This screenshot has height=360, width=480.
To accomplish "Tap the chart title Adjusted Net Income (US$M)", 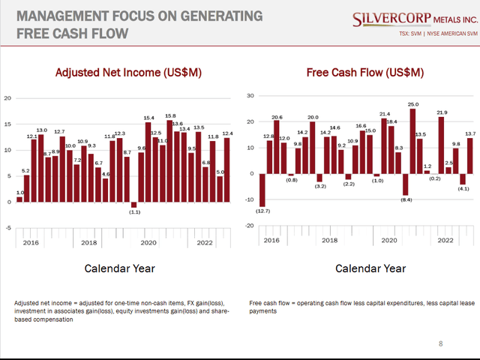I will (x=119, y=73).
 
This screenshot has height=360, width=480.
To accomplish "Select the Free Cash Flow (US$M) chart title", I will (x=364, y=73).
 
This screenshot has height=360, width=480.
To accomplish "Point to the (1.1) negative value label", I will (x=134, y=212).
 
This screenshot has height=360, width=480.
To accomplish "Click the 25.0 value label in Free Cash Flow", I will (x=412, y=105).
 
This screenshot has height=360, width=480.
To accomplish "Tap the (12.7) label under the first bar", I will (x=262, y=212).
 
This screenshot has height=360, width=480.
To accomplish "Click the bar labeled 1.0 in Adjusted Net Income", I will (x=19, y=199).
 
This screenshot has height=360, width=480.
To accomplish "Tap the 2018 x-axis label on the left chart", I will (x=89, y=243).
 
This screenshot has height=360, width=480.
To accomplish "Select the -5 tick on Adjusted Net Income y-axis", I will (x=7, y=229).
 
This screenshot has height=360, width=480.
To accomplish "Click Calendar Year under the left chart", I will (x=119, y=268).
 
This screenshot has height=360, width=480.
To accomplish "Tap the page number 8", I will (x=440, y=343).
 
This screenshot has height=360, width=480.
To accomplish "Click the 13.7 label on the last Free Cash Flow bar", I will (x=470, y=133).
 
